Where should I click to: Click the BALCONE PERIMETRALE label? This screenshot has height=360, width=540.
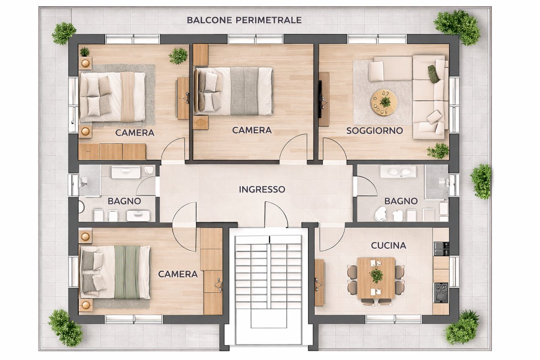pyautogui.click(x=244, y=20)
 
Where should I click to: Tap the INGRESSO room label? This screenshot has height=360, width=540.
pyautogui.click(x=262, y=189)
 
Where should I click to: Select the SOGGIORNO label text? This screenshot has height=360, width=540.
pyautogui.click(x=375, y=131)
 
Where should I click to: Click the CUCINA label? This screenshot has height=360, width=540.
pyautogui.click(x=389, y=245)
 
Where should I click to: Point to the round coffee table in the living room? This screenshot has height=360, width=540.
pyautogui.click(x=384, y=102)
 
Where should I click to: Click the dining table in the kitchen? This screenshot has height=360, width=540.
pyautogui.click(x=376, y=278)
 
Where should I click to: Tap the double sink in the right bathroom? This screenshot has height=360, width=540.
pyautogui.click(x=398, y=171)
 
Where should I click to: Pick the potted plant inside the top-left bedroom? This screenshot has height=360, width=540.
pyautogui.click(x=178, y=56)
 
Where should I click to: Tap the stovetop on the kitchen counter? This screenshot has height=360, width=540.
pyautogui.click(x=441, y=292)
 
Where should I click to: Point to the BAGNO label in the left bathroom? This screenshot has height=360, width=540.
pyautogui.click(x=124, y=201)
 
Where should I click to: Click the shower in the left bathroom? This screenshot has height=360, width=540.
pyautogui.click(x=89, y=181)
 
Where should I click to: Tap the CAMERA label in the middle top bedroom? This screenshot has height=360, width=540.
pyautogui.click(x=251, y=130)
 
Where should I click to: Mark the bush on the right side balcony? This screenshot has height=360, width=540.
pyautogui.click(x=481, y=181)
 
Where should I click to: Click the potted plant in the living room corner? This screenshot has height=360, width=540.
pyautogui.click(x=438, y=151)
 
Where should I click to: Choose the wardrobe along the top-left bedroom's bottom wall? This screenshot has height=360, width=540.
pyautogui.click(x=112, y=152)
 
